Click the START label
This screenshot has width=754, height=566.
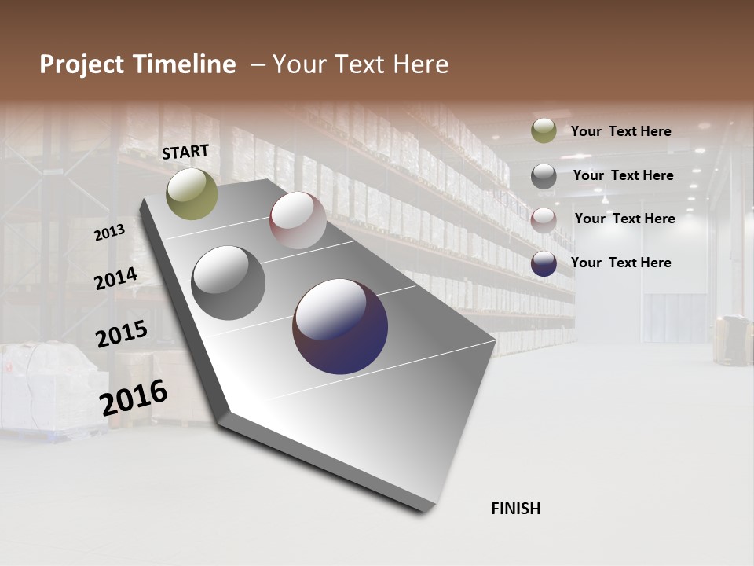[185, 152]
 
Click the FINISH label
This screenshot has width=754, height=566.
[516, 509]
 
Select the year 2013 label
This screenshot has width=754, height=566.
[109, 232]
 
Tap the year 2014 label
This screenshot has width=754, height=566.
[115, 278]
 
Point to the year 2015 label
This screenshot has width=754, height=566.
[122, 334]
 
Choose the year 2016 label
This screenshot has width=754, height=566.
[134, 398]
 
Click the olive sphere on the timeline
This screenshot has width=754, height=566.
[192, 193]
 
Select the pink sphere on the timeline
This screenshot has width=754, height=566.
[298, 220]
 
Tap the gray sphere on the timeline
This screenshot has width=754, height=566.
[228, 283]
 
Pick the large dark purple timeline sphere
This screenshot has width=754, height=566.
[340, 326]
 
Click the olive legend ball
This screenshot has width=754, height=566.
[544, 130]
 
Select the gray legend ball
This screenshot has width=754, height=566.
[544, 176]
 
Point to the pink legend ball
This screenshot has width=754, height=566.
[544, 219]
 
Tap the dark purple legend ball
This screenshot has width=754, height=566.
[544, 263]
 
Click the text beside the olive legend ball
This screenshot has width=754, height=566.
[620, 131]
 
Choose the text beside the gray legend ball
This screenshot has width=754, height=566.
[623, 175]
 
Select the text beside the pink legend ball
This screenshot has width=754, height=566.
[624, 219]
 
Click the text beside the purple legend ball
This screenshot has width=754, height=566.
[620, 263]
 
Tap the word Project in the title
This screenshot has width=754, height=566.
[83, 64]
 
